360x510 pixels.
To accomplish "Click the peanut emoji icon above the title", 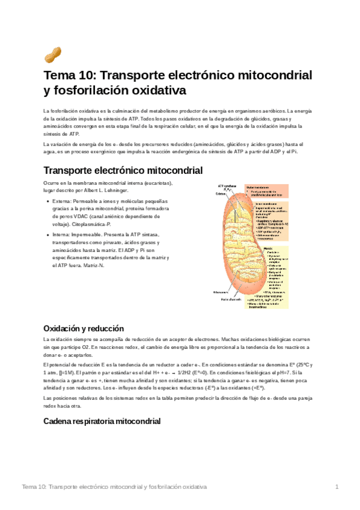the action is (x=53, y=56).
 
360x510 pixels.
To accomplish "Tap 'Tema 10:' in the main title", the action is (x=68, y=76).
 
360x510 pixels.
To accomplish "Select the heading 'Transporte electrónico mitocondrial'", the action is (x=123, y=170).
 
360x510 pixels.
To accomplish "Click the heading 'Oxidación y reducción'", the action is (x=84, y=328).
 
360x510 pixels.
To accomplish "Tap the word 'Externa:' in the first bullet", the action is (x=63, y=200).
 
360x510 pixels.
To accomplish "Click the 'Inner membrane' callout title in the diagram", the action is (x=258, y=204).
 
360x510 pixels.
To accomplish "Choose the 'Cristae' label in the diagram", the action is (x=222, y=194).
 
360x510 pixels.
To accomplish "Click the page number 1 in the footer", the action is (x=337, y=486).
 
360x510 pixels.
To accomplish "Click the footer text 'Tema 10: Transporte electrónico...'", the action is (x=114, y=486).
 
